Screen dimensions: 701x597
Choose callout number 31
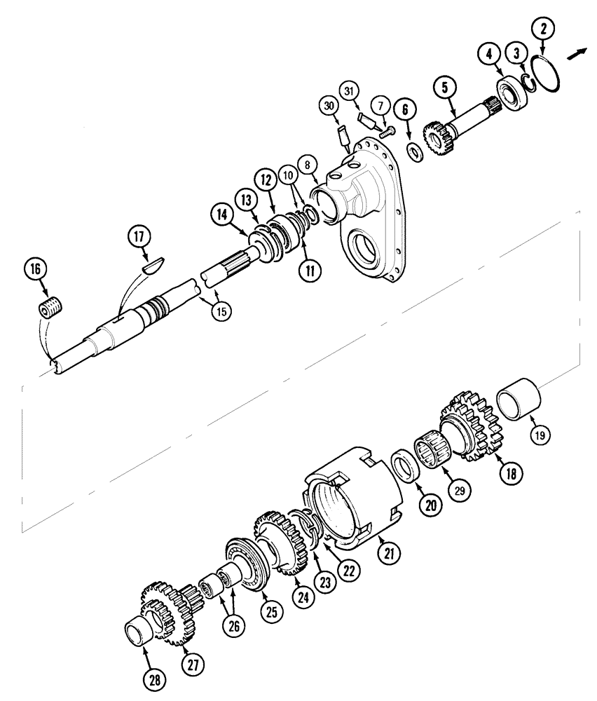[x=350, y=90]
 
